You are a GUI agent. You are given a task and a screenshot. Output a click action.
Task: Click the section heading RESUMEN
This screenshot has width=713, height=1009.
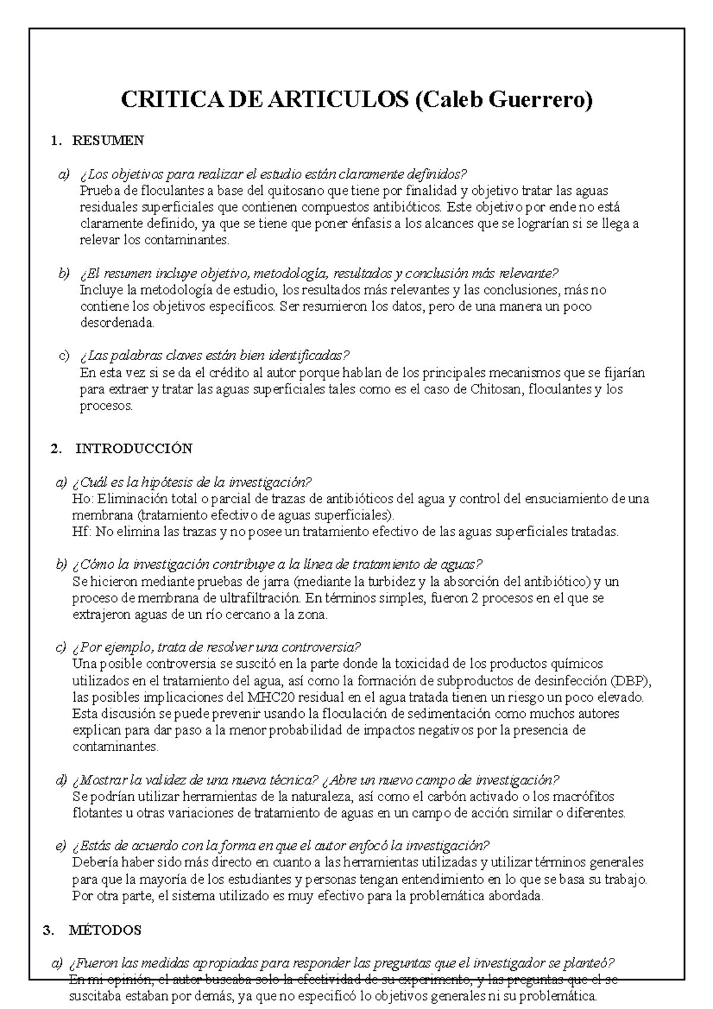point(108,141)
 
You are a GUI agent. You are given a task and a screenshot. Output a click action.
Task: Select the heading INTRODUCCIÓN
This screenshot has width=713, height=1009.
point(134,449)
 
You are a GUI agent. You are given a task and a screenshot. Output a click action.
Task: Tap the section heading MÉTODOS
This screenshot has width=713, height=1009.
point(105,931)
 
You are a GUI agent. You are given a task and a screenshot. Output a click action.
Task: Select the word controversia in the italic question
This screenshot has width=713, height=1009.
point(326,647)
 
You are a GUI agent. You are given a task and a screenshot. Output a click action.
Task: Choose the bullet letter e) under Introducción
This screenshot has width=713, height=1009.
point(60,846)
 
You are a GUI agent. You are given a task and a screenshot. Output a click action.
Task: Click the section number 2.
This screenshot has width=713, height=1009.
point(56,449)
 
